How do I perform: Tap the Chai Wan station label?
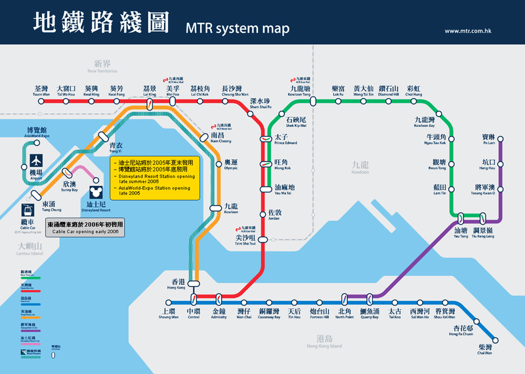point(485,350)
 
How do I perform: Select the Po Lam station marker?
point(500,139)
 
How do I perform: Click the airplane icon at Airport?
point(35,160)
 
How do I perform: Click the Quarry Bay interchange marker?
point(370,297)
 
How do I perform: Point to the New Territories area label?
point(102,67)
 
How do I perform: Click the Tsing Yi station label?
point(115,148)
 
